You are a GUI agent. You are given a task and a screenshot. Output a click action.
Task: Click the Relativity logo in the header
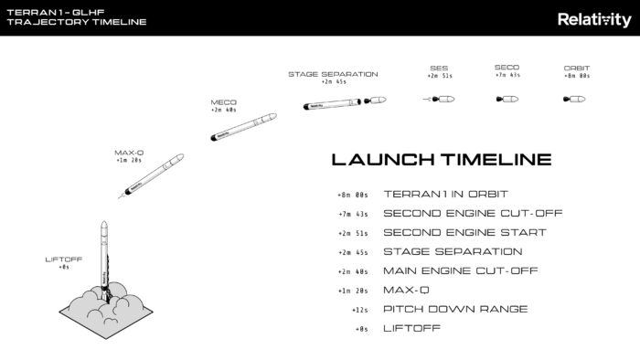(x=593, y=18)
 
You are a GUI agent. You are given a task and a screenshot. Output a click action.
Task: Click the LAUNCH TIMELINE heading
(x=441, y=160)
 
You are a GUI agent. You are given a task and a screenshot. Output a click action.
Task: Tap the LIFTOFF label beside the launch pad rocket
(x=64, y=259)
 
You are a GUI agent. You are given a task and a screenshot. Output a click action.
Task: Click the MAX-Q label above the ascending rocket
(x=129, y=153)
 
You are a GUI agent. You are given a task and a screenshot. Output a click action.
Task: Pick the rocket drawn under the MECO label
(x=242, y=128)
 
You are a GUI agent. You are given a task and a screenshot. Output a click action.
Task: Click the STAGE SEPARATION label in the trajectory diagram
(x=332, y=74)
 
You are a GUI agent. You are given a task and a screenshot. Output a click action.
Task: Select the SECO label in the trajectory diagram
(x=507, y=67)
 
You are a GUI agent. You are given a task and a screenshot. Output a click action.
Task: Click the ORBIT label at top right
(x=577, y=68)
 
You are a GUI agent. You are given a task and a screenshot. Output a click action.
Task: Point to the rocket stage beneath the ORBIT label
(x=576, y=98)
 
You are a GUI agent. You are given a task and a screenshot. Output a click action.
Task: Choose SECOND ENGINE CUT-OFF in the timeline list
(x=472, y=213)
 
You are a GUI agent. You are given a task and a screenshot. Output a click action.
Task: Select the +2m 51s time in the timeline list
(x=352, y=233)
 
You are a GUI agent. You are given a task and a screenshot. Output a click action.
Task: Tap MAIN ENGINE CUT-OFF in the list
(x=460, y=270)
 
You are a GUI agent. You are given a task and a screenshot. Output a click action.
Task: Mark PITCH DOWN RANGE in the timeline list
(x=455, y=309)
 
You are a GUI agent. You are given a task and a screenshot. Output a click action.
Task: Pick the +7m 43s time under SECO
(x=507, y=76)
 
